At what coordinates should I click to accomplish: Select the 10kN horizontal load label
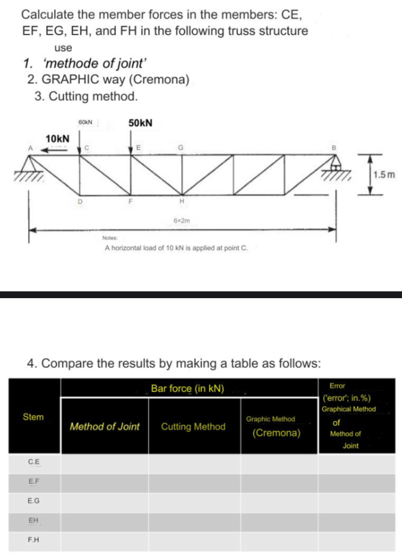tap(57, 138)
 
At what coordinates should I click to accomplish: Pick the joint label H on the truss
tap(182, 201)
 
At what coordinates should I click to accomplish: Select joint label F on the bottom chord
tap(130, 201)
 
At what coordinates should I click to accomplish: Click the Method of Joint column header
tap(104, 426)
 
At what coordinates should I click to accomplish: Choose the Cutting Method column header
tap(193, 426)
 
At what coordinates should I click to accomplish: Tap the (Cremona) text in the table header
tap(276, 434)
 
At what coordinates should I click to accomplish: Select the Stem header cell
tap(33, 417)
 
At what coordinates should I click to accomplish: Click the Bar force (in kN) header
tap(187, 389)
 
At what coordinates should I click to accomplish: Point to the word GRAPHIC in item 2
tap(66, 79)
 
